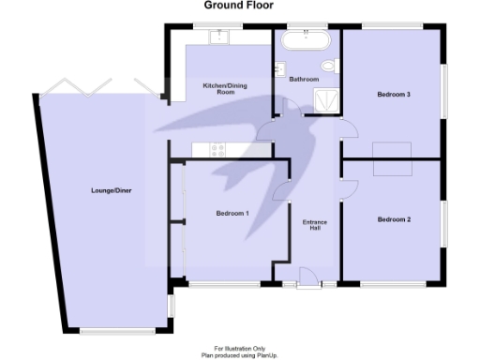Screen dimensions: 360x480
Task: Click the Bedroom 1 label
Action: point(232,214)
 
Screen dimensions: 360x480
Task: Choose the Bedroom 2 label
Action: point(394,219)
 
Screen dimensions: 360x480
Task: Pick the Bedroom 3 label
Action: point(394,94)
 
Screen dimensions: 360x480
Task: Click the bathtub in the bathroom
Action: point(307,40)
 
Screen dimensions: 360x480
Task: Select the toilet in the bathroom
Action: point(328,66)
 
